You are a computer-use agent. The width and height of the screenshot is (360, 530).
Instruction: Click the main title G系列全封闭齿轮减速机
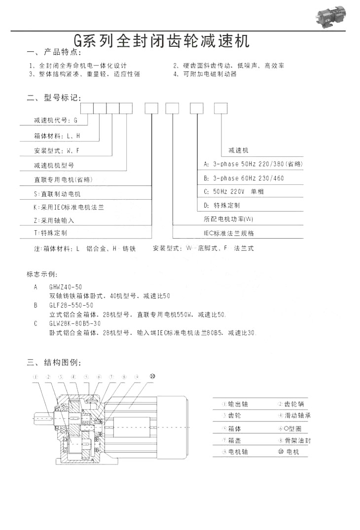click(x=161, y=40)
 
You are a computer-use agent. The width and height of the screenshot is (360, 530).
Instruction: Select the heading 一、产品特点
click(x=54, y=52)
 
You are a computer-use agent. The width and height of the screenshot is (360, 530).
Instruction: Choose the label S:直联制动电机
click(x=57, y=194)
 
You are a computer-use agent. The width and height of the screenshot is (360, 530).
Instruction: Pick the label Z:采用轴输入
click(x=54, y=220)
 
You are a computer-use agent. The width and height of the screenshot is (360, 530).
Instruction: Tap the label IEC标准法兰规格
click(x=229, y=233)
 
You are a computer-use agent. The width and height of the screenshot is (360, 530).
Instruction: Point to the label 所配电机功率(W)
click(x=228, y=218)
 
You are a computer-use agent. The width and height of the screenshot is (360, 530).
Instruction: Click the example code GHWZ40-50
click(x=66, y=287)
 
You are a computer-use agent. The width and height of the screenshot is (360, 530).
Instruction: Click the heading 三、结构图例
click(x=54, y=363)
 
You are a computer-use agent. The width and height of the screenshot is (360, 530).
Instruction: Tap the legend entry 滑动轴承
click(x=294, y=416)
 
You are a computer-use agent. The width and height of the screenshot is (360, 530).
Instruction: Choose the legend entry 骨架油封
click(x=294, y=440)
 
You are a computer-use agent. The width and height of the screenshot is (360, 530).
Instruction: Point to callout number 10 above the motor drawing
click(x=152, y=376)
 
